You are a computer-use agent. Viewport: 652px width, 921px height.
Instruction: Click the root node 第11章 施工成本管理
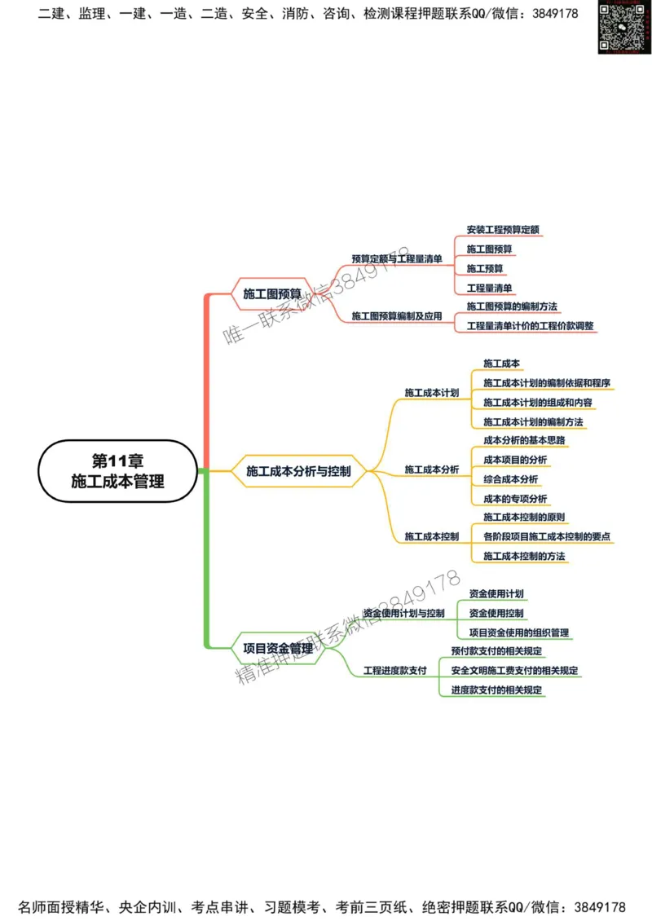[117, 471]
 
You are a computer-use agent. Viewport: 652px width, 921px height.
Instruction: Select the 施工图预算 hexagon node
[272, 293]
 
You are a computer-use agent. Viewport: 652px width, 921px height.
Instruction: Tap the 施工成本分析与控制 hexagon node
[298, 470]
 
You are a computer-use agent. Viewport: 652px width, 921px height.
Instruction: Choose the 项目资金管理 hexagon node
[278, 649]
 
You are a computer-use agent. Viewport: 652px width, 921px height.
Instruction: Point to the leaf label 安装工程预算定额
[503, 229]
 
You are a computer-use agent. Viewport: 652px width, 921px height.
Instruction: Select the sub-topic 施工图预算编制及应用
[397, 315]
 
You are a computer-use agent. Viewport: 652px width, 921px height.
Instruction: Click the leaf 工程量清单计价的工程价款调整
[531, 326]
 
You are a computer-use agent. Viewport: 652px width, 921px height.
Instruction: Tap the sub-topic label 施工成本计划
[432, 392]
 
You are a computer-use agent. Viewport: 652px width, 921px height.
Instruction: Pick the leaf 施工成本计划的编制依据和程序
[547, 382]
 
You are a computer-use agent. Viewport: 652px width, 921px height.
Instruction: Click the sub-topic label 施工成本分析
[432, 469]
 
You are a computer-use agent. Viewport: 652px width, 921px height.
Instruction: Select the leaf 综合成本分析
[510, 479]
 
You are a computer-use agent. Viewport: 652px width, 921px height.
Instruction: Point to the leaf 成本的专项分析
[515, 499]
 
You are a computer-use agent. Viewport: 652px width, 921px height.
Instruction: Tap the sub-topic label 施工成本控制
[432, 536]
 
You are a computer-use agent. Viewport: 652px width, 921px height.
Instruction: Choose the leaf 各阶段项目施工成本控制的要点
[547, 536]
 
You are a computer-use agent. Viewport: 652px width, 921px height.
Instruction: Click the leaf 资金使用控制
[496, 613]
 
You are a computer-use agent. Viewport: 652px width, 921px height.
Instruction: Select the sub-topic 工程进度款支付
[395, 670]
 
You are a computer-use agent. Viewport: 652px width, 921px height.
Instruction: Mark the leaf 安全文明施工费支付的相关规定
[514, 670]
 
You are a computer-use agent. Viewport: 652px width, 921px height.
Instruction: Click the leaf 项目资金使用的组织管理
[519, 632]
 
